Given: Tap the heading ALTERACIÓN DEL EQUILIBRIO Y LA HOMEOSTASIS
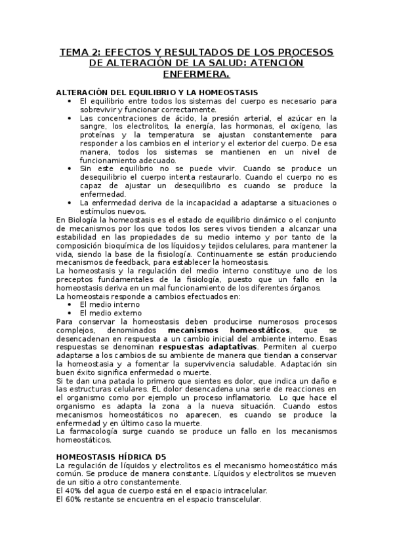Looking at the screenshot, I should tap(157, 92).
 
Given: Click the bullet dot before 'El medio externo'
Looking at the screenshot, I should tap(70, 313).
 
